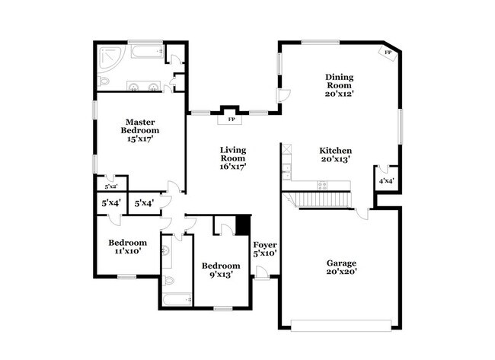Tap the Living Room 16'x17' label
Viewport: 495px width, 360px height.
tap(233, 158)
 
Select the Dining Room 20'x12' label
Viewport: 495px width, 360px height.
tap(340, 85)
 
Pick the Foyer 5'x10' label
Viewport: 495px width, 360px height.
tap(265, 249)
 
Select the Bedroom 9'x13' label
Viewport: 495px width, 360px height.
tap(220, 270)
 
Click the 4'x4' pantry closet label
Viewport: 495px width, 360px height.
tap(387, 180)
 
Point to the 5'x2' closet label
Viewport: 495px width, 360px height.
tap(110, 185)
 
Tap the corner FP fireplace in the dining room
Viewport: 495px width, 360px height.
tap(388, 53)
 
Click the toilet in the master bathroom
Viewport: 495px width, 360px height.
tap(105, 81)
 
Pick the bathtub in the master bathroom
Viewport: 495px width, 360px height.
tap(146, 53)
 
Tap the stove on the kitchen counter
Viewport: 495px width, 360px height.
tap(323, 184)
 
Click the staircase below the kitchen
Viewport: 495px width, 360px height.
tap(320, 200)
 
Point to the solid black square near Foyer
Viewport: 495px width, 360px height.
tap(243, 225)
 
